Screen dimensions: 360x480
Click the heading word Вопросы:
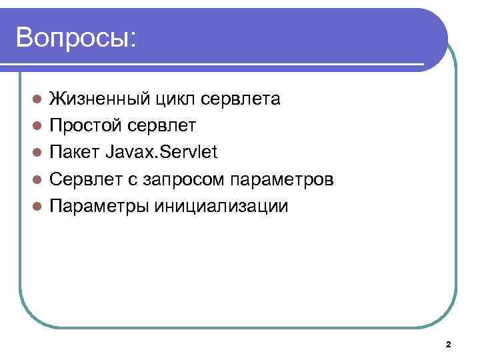coord(76,37)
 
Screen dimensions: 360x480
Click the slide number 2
coord(448,345)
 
